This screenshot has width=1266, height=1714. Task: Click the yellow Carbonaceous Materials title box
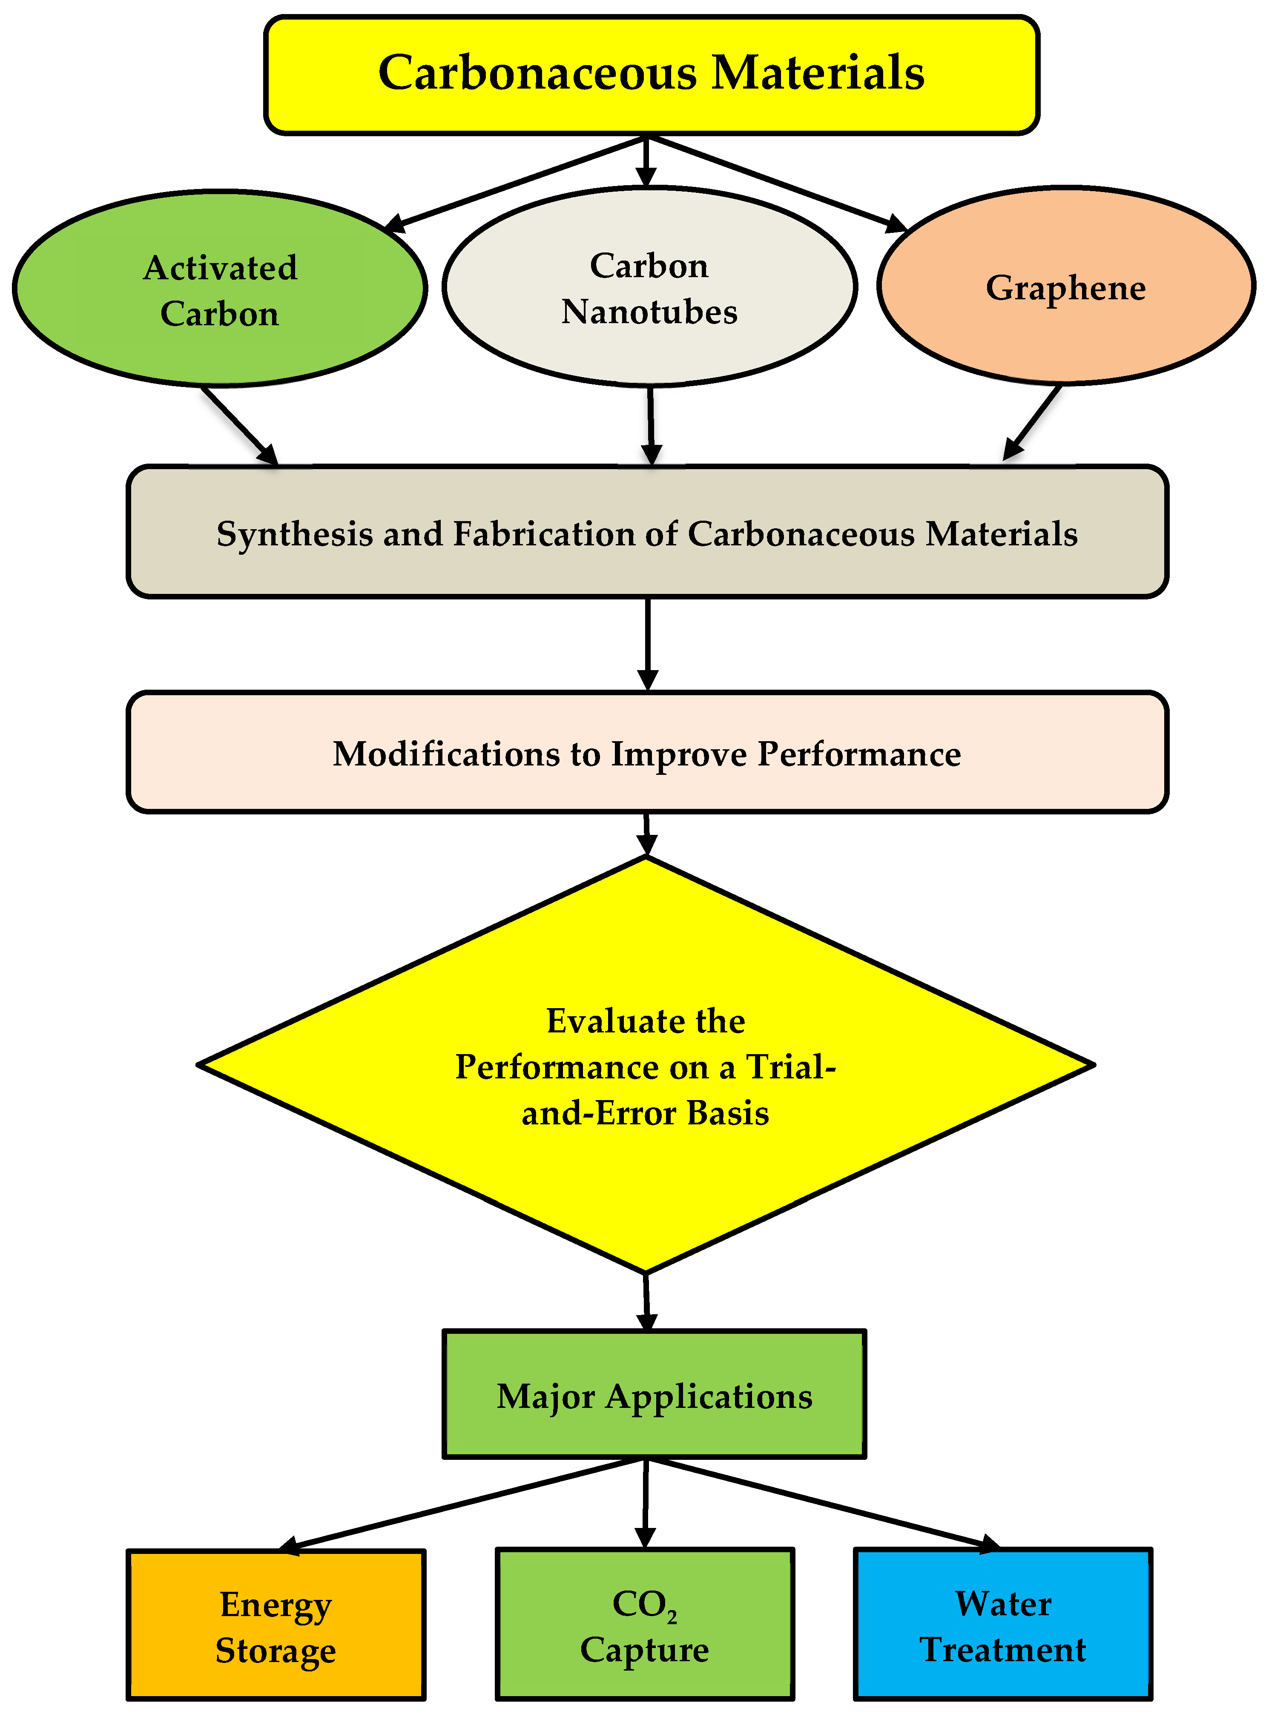click(x=652, y=75)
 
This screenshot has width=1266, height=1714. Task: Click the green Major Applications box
click(x=654, y=1395)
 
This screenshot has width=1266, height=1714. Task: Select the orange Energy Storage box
click(x=276, y=1624)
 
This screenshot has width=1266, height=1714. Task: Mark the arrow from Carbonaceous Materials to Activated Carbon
click(x=517, y=182)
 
